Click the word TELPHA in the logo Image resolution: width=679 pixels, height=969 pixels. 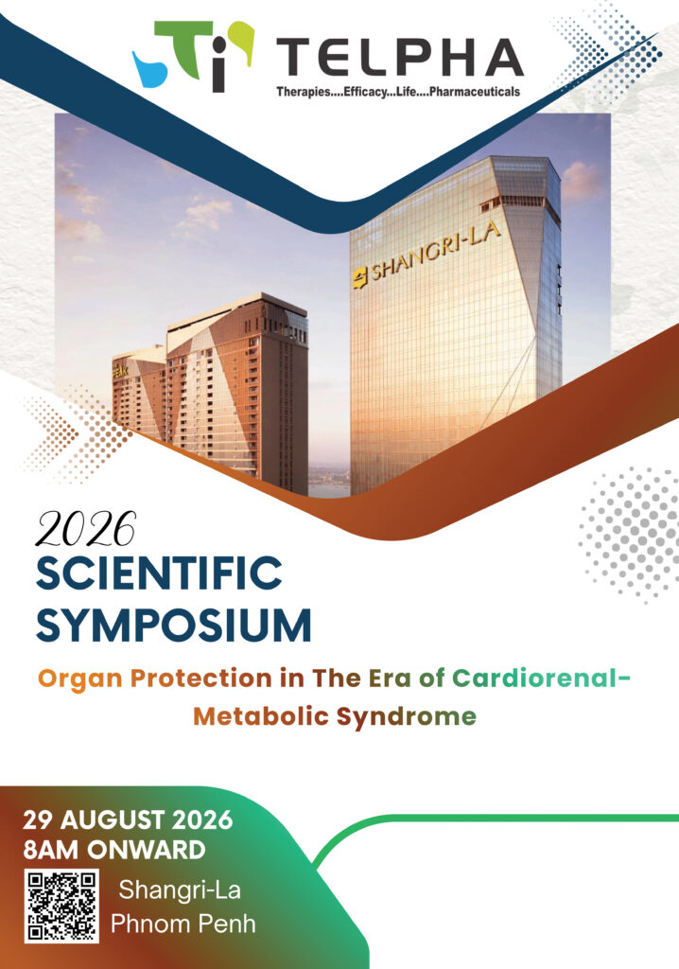tap(399, 57)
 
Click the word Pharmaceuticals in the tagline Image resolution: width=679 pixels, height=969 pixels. tap(475, 92)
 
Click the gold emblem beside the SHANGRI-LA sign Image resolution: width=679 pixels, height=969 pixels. tap(359, 278)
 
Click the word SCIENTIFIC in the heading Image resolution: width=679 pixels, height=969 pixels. tap(160, 573)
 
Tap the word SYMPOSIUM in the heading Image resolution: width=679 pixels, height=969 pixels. tap(174, 625)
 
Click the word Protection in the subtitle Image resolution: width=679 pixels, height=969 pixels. tap(200, 678)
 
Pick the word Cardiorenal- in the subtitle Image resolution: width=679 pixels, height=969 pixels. tap(542, 678)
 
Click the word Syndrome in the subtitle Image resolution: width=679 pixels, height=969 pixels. tap(407, 718)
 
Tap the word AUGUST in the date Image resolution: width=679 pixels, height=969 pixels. tap(113, 820)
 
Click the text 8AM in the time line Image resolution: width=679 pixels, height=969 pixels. tap(52, 850)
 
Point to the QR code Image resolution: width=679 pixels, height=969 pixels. tap(61, 906)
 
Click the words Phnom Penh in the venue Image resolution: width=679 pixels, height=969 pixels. tap(183, 924)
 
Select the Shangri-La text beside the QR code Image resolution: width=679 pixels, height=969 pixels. tap(180, 890)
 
